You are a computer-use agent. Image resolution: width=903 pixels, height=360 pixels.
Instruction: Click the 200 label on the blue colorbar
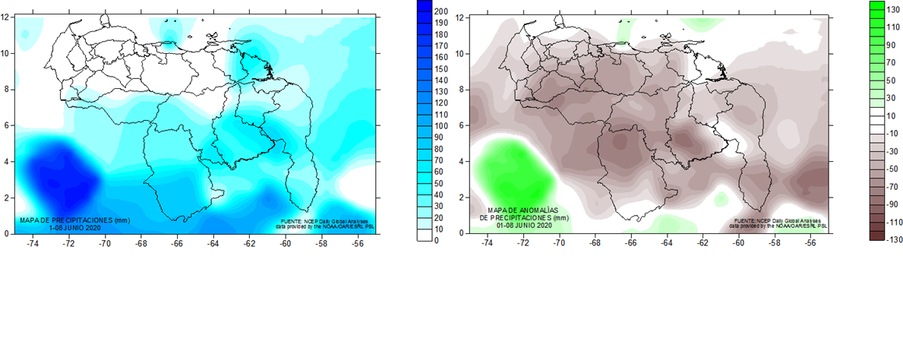(440, 11)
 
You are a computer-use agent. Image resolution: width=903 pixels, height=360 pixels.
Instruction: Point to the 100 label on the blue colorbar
(440, 125)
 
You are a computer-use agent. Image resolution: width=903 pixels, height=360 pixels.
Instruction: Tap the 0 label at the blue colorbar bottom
(436, 240)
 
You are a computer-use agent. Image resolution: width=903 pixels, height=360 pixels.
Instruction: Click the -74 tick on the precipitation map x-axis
(33, 244)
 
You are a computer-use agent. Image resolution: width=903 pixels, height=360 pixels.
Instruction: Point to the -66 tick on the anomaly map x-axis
(630, 244)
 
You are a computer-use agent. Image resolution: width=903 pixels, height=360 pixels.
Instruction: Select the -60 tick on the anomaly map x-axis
(738, 244)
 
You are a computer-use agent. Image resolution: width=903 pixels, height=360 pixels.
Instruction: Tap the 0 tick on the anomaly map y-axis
(460, 232)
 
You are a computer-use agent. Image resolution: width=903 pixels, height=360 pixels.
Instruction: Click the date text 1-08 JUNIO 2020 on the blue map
(74, 227)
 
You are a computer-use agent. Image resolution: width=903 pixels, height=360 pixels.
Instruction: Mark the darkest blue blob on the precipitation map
(61, 178)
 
